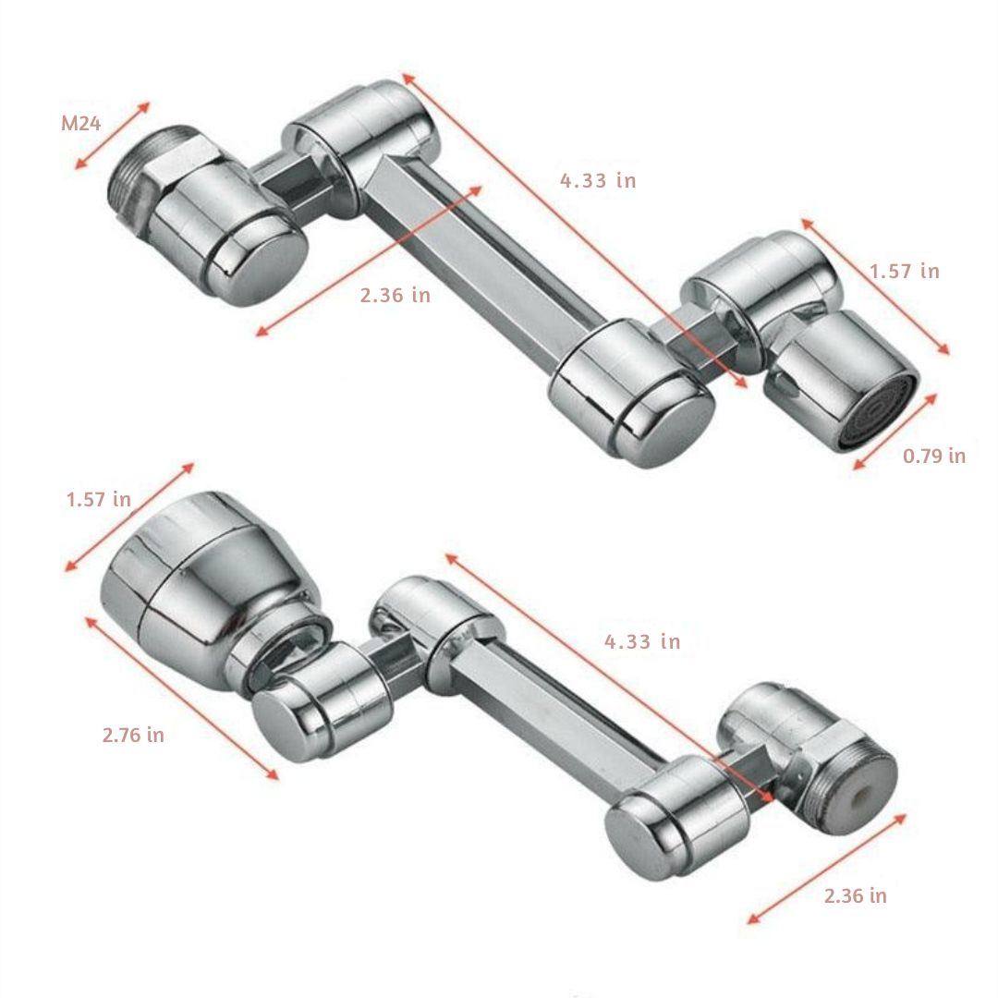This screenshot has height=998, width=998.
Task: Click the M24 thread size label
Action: (x=80, y=124)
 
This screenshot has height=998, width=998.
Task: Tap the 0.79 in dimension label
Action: (x=933, y=456)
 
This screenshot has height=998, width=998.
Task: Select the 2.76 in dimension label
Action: (x=133, y=736)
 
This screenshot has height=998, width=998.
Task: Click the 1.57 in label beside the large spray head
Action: (x=98, y=500)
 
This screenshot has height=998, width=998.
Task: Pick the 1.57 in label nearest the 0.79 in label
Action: (x=904, y=271)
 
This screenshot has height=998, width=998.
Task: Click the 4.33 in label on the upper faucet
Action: (x=598, y=180)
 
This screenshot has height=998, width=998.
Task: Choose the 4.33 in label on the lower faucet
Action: (x=642, y=641)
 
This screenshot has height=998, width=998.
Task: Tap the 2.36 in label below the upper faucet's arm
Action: (x=396, y=296)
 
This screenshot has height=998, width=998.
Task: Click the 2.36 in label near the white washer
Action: (x=855, y=895)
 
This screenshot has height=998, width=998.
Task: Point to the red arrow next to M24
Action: (x=112, y=136)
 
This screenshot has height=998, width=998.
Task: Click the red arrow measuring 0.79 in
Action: (x=895, y=432)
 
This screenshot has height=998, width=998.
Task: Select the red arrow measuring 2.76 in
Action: (x=181, y=699)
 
